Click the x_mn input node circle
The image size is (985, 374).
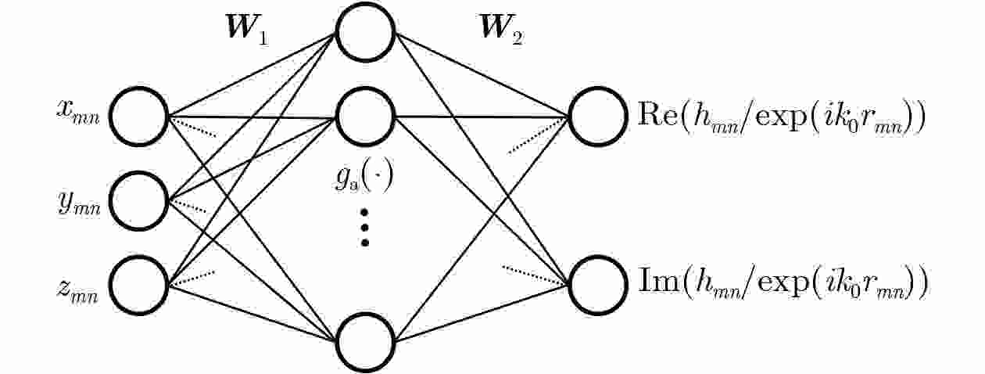pos(109,117)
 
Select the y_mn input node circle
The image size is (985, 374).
pos(109,201)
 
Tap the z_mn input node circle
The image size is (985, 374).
pos(109,285)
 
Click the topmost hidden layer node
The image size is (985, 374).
pos(336,31)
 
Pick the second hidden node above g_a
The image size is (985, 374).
pos(336,117)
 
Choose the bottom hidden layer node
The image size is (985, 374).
pos(336,343)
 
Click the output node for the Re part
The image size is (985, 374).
pos(569,117)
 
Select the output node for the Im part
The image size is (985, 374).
pos(569,285)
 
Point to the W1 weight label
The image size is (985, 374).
pos(247,30)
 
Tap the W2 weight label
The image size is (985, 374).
pos(502,30)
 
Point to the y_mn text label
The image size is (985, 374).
pos(79,203)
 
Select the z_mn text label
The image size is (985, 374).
pos(77,290)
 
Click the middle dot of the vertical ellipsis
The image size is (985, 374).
pos(364,228)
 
